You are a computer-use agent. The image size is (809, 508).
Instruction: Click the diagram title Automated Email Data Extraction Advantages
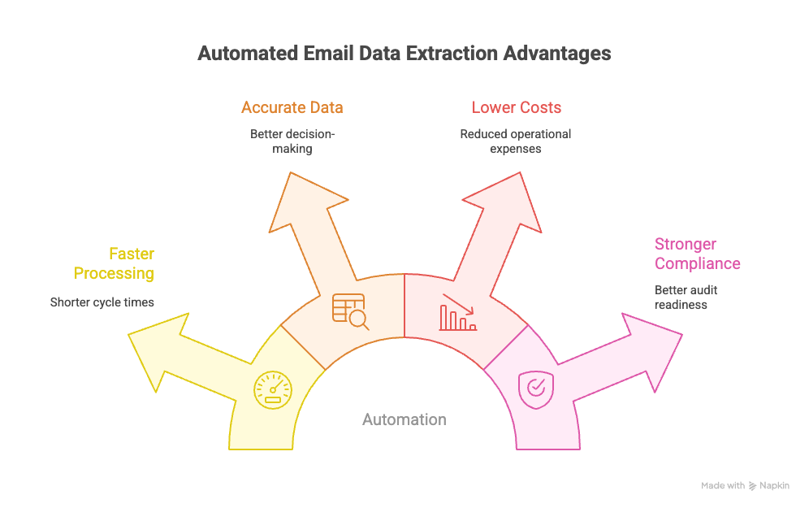click(x=404, y=54)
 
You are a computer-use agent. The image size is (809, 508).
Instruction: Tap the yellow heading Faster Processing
click(x=114, y=263)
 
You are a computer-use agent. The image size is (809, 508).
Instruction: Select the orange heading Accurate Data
click(x=292, y=107)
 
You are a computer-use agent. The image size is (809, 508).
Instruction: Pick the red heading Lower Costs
click(x=516, y=107)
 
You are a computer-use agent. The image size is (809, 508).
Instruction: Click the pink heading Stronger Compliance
click(x=697, y=254)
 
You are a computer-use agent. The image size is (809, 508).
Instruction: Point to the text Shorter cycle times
click(x=102, y=302)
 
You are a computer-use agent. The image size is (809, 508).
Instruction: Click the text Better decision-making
click(x=292, y=141)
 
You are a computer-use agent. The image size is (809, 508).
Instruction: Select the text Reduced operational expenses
click(x=516, y=141)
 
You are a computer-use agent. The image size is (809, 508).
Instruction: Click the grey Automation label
click(x=404, y=419)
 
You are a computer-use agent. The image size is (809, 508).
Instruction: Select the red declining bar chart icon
click(x=458, y=312)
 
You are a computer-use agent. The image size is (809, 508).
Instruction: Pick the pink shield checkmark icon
click(x=536, y=387)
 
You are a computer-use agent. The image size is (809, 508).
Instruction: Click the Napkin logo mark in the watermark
click(x=753, y=486)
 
